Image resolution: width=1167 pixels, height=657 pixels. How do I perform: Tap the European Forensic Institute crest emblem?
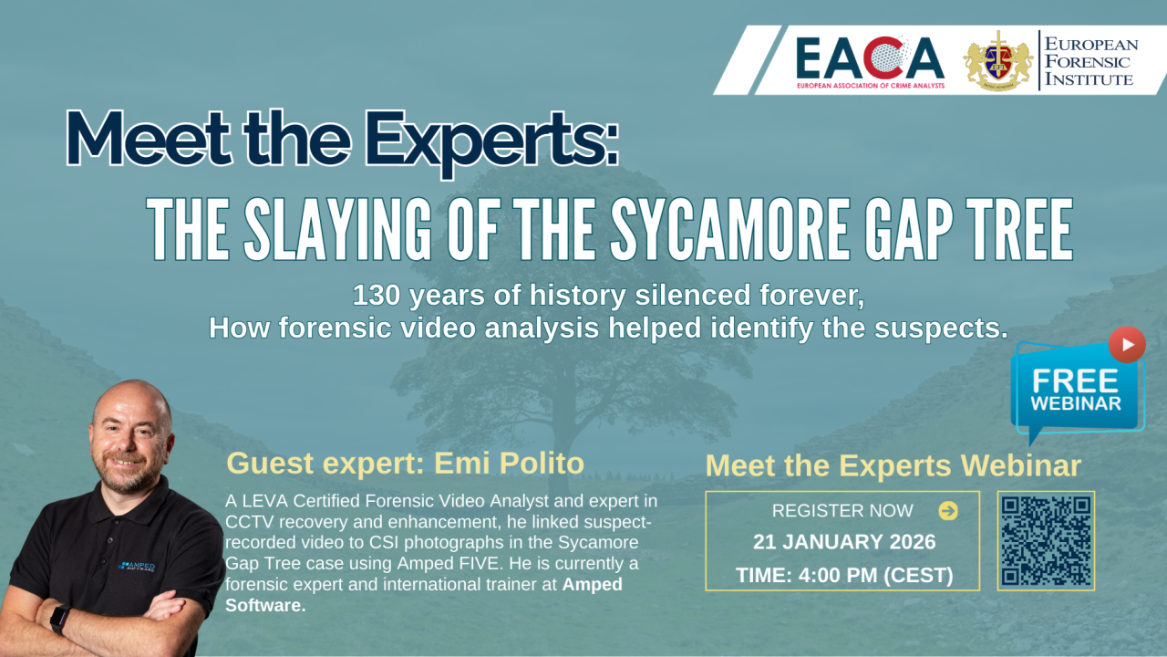[997, 60]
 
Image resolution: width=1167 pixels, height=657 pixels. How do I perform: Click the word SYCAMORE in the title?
[730, 229]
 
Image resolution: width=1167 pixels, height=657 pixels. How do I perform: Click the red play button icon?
[1127, 345]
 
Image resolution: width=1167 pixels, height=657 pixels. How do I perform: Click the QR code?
[1046, 541]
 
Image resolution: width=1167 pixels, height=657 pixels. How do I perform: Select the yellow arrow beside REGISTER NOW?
[948, 511]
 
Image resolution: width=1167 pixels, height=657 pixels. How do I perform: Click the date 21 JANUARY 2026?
[844, 542]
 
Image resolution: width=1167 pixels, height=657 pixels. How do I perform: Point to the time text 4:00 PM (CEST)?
[876, 576]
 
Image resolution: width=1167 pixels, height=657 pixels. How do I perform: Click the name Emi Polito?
[509, 463]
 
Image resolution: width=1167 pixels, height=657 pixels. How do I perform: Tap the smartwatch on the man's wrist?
[60, 619]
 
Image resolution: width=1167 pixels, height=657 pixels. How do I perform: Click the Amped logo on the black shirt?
[137, 567]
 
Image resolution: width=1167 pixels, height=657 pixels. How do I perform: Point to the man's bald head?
[133, 401]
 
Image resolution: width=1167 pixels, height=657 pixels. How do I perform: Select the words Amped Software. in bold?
[424, 595]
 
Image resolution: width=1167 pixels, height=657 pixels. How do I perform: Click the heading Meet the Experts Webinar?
[893, 465]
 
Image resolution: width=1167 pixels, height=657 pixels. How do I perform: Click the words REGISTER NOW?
[842, 511]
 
